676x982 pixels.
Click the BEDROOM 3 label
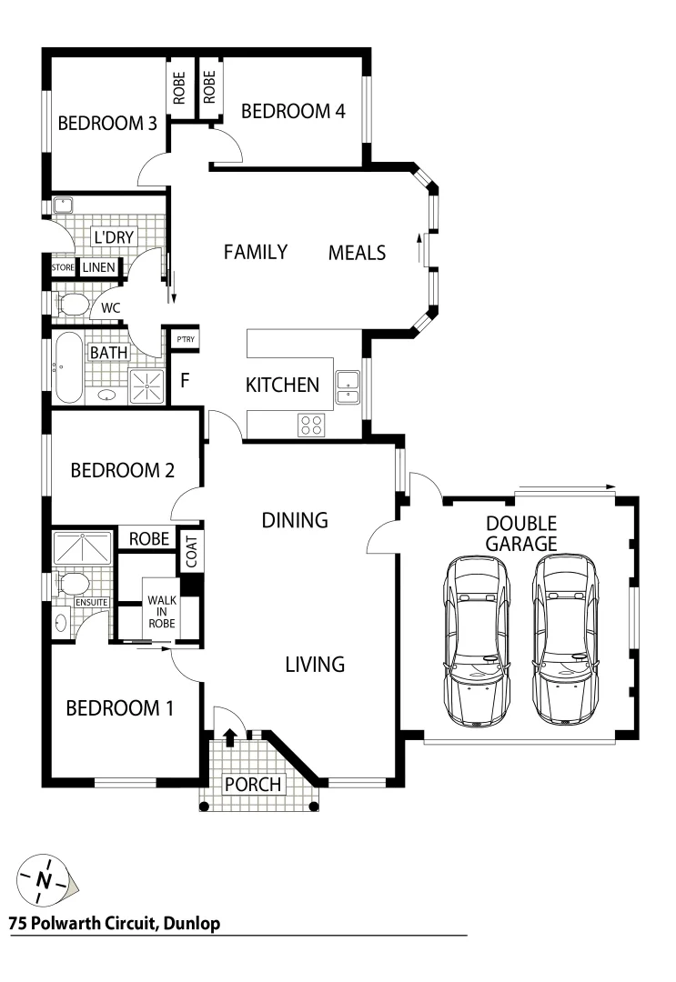click(x=107, y=124)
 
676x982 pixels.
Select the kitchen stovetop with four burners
click(x=311, y=424)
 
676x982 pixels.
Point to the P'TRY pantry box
click(x=186, y=340)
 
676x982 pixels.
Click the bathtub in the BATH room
click(x=68, y=369)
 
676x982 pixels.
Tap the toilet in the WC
click(x=70, y=304)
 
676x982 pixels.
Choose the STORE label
click(x=63, y=268)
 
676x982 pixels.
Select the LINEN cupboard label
click(x=98, y=268)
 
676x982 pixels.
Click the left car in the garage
click(x=475, y=641)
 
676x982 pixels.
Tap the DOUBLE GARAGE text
click(x=520, y=534)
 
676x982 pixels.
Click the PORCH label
click(x=254, y=784)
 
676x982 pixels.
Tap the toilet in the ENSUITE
click(x=71, y=582)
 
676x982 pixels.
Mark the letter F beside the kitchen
click(x=185, y=380)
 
